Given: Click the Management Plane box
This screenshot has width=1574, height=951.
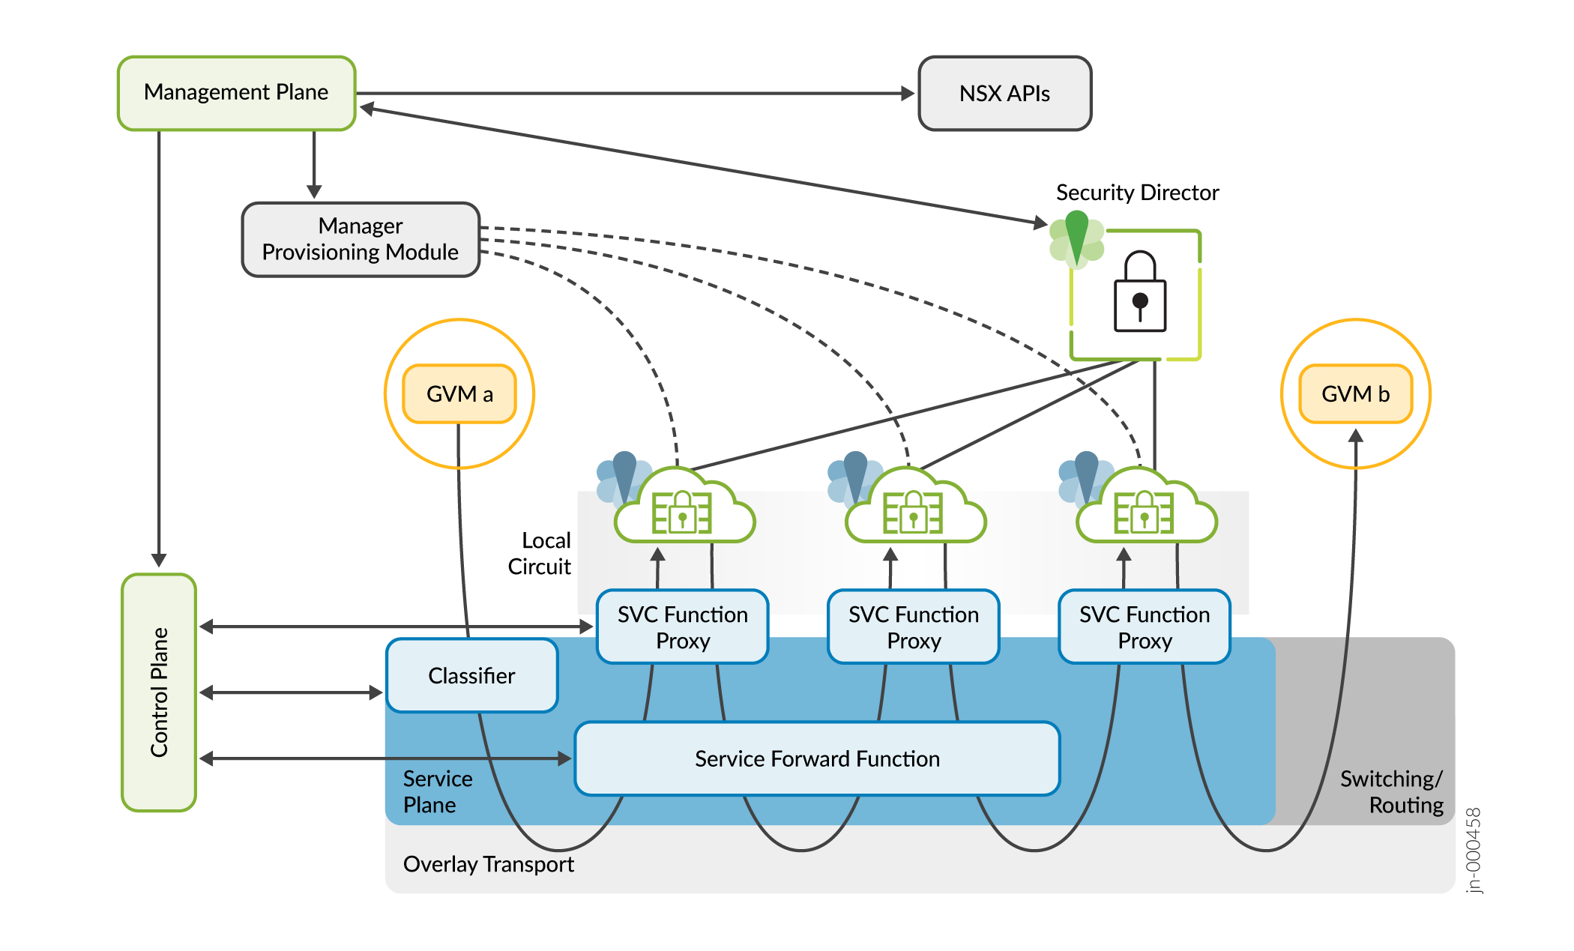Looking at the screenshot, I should pos(236,93).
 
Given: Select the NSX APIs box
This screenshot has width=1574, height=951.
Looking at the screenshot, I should pos(1004,94).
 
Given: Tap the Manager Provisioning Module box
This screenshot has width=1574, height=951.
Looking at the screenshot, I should pos(361,239).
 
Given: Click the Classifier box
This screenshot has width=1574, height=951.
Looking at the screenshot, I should pos(471,676).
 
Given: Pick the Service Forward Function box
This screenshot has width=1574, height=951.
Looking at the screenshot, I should pos(817,758).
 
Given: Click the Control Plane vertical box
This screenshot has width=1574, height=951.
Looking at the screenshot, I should pos(159,692).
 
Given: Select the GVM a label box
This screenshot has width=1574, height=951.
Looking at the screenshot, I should pos(459,394).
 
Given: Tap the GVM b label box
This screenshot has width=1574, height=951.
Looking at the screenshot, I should pos(1355,394).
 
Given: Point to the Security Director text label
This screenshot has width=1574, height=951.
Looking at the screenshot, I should pos(1137,193).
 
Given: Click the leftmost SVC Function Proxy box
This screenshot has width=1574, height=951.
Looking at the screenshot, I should pos(682,627).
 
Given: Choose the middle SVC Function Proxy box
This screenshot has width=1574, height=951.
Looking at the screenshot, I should pos(913,627).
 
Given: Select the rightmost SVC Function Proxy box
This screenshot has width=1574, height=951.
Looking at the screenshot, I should pos(1144,627).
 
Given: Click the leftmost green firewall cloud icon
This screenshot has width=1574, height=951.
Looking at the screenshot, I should pos(684,510).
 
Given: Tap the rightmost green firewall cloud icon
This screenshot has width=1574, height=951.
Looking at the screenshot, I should pos(1145,510).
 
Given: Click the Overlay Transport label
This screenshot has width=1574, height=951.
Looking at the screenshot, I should pos(488,864).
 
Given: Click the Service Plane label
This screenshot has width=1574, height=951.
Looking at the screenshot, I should pos(437,791).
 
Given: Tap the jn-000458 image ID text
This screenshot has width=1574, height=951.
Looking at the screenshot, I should pos(1474,850).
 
